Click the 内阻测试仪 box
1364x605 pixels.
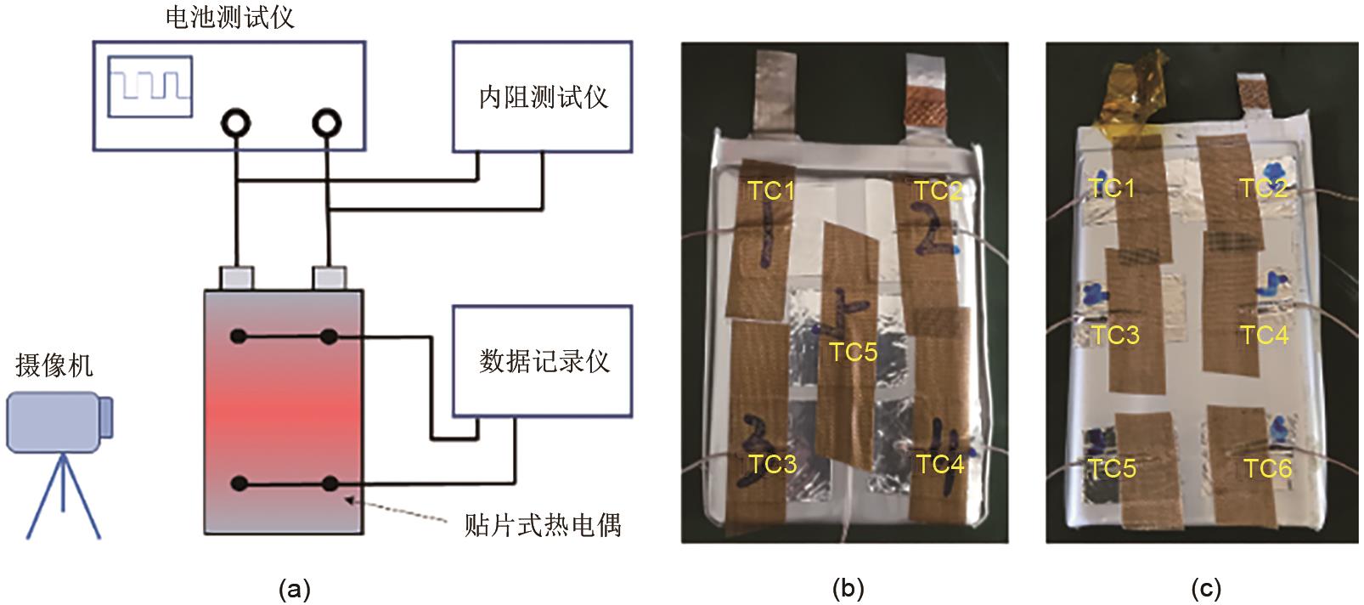coord(542,96)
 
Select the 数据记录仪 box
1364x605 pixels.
coord(542,361)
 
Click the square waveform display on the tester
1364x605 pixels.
coord(150,87)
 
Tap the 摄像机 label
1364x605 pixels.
coord(54,365)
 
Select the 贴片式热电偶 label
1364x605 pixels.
coord(542,524)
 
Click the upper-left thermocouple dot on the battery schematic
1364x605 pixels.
coord(239,337)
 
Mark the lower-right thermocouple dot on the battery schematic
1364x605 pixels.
coord(330,484)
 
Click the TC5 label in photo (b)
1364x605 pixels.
coord(853,351)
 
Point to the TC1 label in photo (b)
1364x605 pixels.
coord(770,190)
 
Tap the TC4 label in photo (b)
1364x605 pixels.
coord(939,464)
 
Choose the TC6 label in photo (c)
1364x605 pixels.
coord(1267,468)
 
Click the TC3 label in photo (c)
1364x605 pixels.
coord(1114,335)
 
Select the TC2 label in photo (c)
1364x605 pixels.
coord(1263,188)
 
